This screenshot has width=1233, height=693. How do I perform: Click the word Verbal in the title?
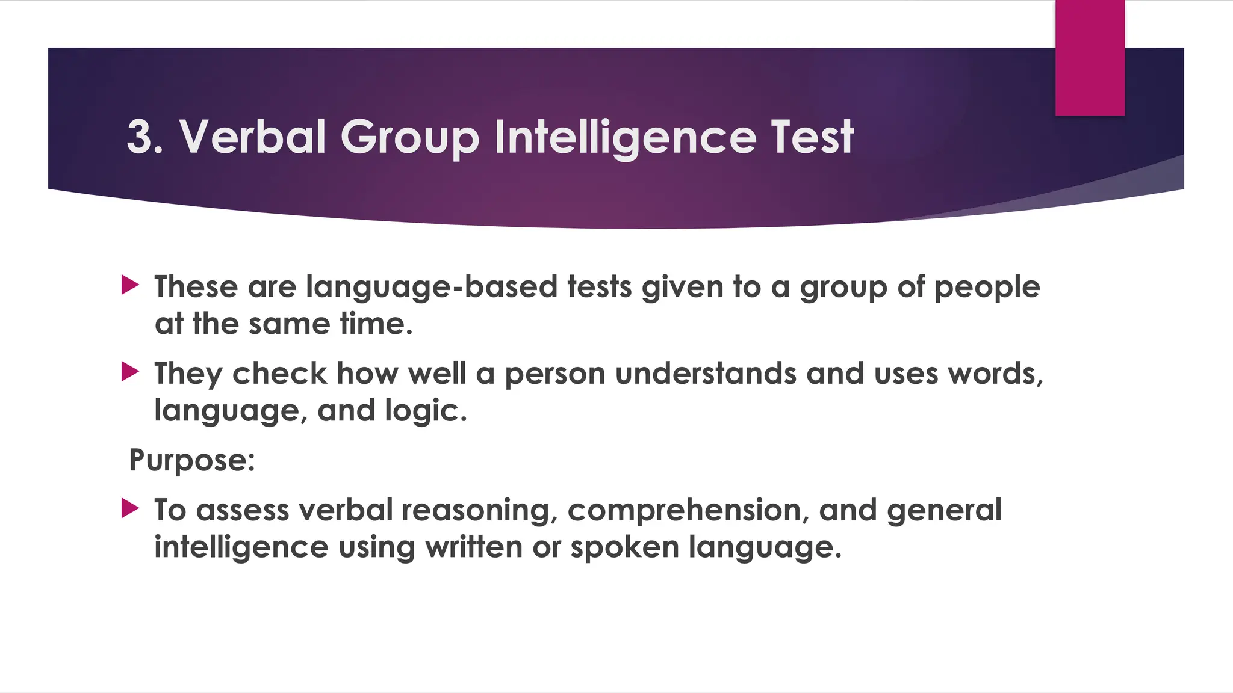tap(252, 137)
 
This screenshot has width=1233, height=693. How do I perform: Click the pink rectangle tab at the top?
tap(1090, 57)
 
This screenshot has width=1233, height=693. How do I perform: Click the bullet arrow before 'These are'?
tap(130, 285)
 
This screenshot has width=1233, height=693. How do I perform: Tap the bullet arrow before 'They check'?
tap(130, 371)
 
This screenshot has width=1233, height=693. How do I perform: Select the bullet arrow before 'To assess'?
tap(130, 508)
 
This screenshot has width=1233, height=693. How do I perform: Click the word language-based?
tap(432, 287)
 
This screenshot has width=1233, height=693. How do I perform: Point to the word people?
tap(987, 287)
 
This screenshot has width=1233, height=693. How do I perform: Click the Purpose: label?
tap(192, 461)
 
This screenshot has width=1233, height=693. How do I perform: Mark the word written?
tap(474, 547)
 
